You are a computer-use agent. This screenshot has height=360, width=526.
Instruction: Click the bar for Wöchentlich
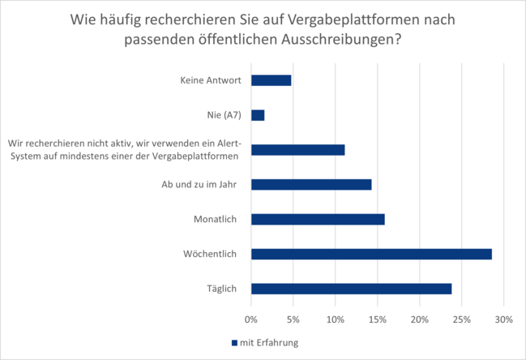371,254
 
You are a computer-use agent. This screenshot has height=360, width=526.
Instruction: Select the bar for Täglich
351,289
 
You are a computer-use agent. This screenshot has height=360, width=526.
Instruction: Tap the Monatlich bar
318,219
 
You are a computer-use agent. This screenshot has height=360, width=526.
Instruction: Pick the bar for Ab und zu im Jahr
311,184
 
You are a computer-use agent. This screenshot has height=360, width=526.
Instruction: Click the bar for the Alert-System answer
297,149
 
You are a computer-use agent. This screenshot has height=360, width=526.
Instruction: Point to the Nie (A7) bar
258,115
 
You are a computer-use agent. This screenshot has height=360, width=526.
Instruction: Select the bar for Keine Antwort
271,80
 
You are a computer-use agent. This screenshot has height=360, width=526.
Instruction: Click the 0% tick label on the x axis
251,319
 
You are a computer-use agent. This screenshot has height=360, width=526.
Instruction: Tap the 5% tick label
293,319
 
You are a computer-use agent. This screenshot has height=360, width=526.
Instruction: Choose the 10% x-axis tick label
335,319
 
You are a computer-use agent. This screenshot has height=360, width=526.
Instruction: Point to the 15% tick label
377,319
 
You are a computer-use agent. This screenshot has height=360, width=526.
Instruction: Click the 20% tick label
419,319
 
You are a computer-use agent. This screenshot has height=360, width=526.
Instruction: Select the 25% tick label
461,319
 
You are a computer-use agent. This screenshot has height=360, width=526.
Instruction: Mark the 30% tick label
503,319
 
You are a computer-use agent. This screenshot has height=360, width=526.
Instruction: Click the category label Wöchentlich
209,254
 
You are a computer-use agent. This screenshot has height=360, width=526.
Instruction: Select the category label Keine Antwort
208,80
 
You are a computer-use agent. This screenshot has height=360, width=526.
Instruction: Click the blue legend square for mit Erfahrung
234,343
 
